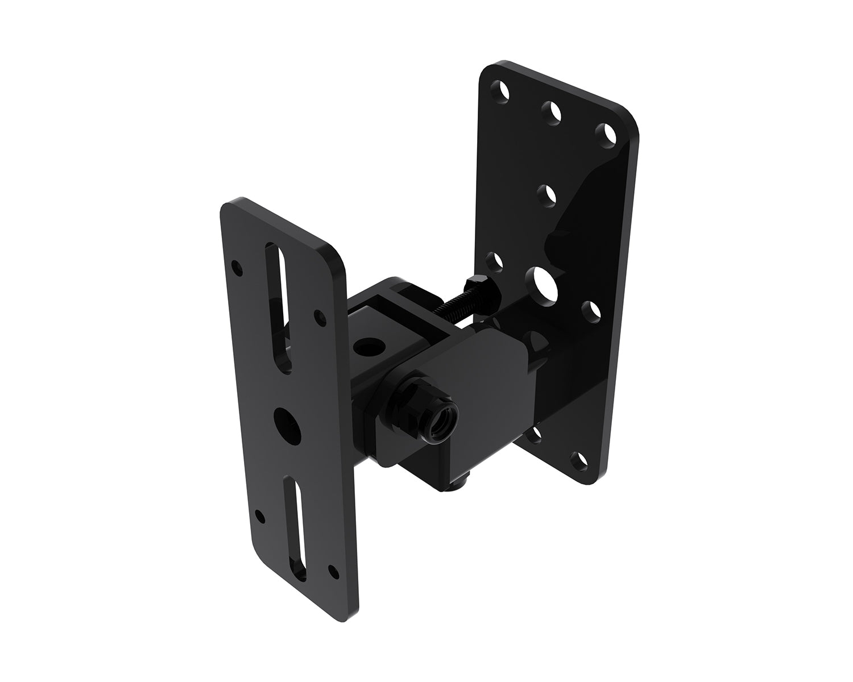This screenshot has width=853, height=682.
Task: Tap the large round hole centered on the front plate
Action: pyautogui.click(x=285, y=421)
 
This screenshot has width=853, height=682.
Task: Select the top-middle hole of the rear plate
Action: pyautogui.click(x=551, y=112)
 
